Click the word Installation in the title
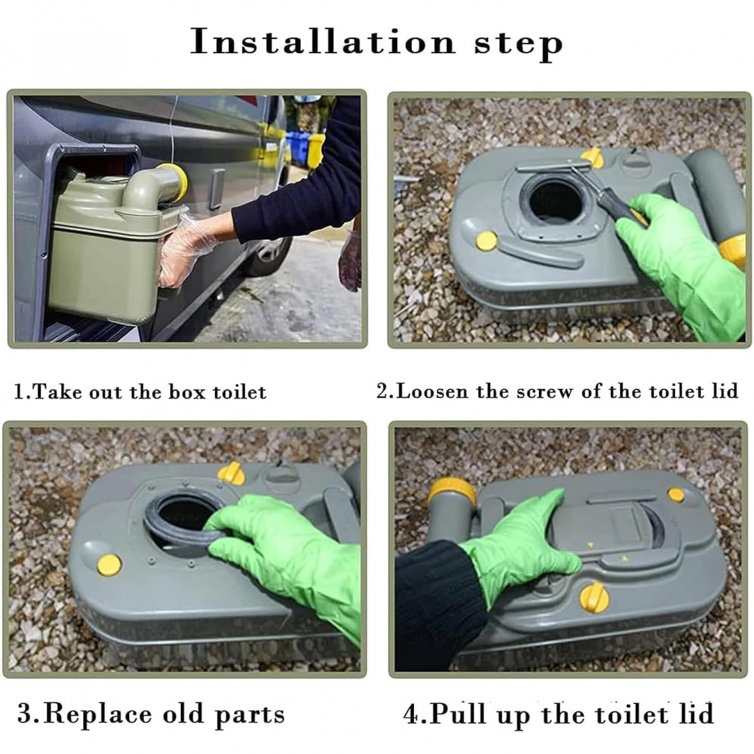[x=323, y=42]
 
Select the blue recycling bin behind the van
[x=297, y=147]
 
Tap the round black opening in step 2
[x=556, y=201]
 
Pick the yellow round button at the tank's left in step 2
[x=487, y=240]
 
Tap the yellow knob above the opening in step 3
[x=231, y=473]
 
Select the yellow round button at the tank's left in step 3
[x=109, y=565]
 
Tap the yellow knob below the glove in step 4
[x=594, y=597]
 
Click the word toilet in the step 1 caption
[x=239, y=392]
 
